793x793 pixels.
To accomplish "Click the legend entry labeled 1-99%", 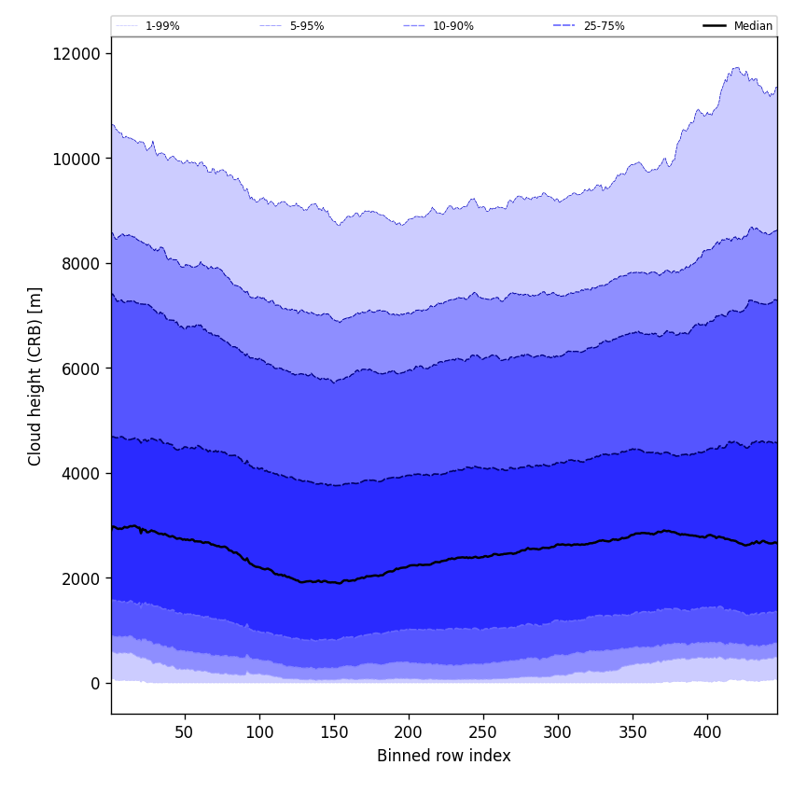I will pyautogui.click(x=162, y=26).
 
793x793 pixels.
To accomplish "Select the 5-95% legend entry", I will pyautogui.click(x=307, y=26).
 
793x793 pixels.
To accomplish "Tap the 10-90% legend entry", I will pyautogui.click(x=452, y=26).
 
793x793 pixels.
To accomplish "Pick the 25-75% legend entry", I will pyautogui.click(x=604, y=26).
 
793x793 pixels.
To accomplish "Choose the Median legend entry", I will pyautogui.click(x=753, y=26).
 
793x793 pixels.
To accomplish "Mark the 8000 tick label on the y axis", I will pyautogui.click(x=82, y=263).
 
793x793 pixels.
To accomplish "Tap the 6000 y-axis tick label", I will pyautogui.click(x=82, y=369).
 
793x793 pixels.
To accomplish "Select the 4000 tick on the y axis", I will pyautogui.click(x=82, y=473).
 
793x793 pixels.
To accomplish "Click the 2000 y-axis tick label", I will pyautogui.click(x=82, y=578).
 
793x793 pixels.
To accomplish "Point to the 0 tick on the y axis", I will pyautogui.click(x=95, y=683).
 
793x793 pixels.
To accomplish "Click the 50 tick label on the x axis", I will pyautogui.click(x=185, y=732).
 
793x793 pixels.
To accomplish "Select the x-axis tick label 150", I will pyautogui.click(x=334, y=732).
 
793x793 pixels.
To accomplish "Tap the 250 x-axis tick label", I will pyautogui.click(x=483, y=732).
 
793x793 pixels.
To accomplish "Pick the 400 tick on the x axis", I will pyautogui.click(x=707, y=732).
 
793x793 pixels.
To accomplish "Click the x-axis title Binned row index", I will pyautogui.click(x=444, y=756).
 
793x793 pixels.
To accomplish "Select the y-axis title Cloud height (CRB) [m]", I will pyautogui.click(x=35, y=376).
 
